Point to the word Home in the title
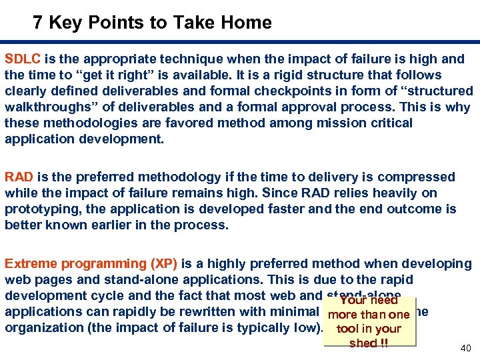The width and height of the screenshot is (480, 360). [x=247, y=23]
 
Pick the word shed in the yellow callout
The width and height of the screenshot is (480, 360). [x=363, y=343]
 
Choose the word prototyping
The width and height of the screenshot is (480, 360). [x=39, y=209]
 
